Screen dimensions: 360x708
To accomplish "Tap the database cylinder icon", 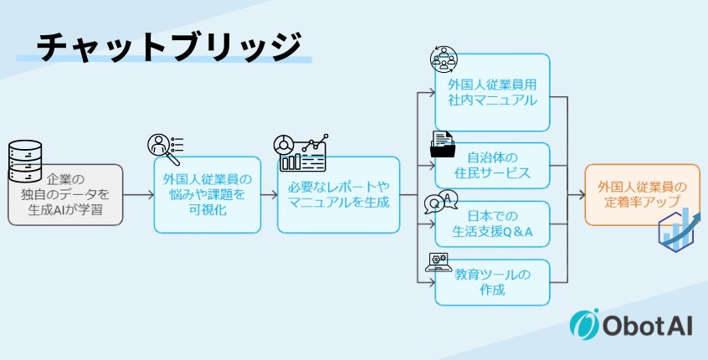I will [x=24, y=161].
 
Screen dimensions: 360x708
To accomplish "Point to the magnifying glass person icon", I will [x=164, y=149].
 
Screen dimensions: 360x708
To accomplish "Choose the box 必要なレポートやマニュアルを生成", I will [x=339, y=194].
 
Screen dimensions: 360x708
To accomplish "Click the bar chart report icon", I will [x=299, y=153].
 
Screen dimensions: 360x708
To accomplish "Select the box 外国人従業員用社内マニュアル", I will [x=492, y=92].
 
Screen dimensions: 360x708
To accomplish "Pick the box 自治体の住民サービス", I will [x=492, y=165].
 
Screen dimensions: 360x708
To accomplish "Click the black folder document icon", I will [x=443, y=145].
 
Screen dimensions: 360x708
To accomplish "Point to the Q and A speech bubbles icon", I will [x=441, y=203].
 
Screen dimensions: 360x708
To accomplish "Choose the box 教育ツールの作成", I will [x=492, y=282].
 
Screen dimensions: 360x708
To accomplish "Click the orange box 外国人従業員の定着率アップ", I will [x=642, y=194].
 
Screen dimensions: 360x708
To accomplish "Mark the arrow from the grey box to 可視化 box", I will [x=138, y=194].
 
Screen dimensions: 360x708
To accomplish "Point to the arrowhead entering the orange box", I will [x=580, y=194].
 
